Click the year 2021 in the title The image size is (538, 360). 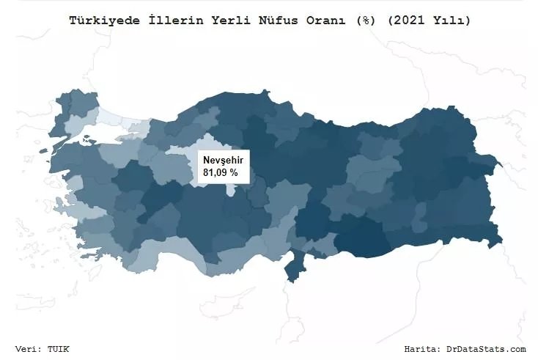[x=402, y=21]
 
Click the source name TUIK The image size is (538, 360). [x=58, y=348]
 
